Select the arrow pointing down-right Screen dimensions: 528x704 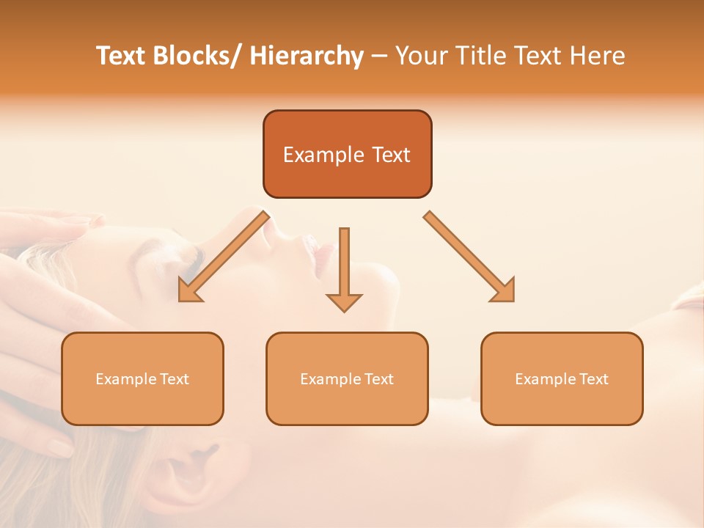469,257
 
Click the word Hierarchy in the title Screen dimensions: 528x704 307,56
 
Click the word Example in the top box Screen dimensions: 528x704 323,155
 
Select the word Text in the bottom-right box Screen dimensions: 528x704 593,379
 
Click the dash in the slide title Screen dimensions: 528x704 380,56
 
